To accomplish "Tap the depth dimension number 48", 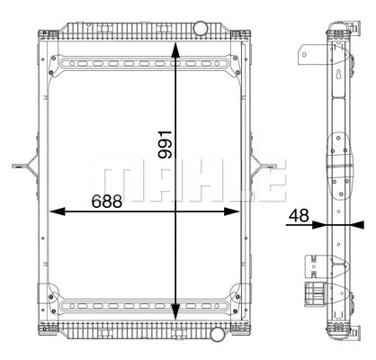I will [x=300, y=216].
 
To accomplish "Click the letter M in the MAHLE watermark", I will [x=118, y=180].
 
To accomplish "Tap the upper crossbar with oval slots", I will [x=144, y=65].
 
